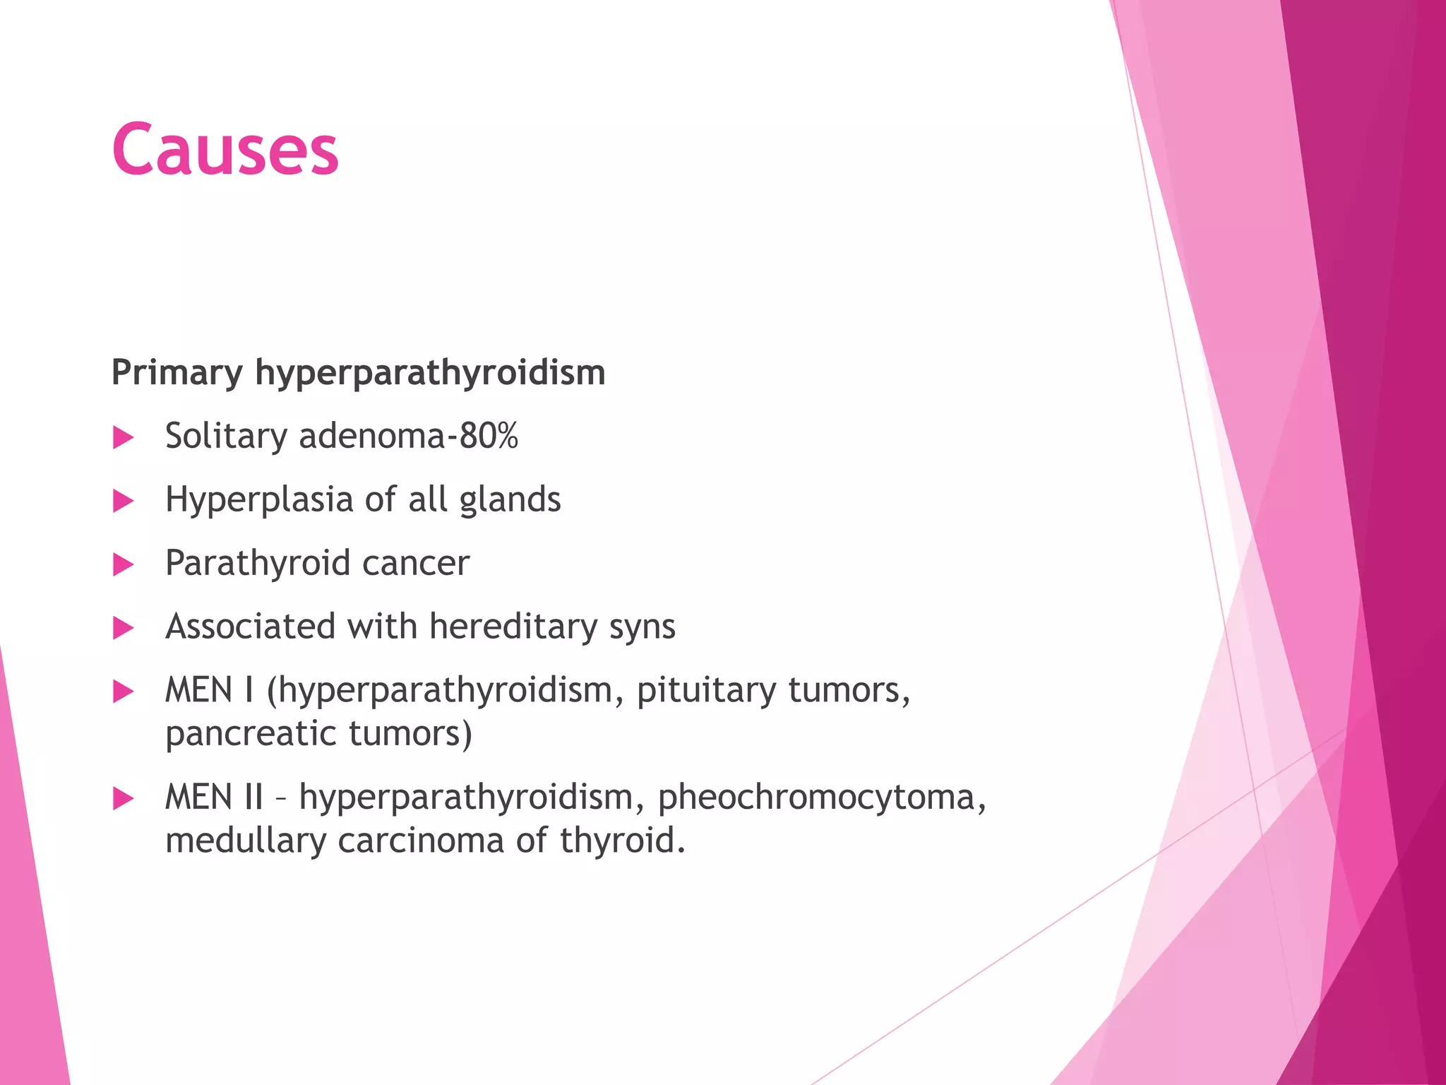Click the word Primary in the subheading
coord(177,372)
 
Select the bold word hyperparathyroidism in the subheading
coord(430,372)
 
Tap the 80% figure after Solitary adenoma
coord(489,435)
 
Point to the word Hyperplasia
coord(258,499)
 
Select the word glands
coord(510,499)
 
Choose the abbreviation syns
coord(642,627)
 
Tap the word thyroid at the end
coord(621,841)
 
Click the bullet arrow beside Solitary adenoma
coord(123,437)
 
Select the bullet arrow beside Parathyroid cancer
coord(123,564)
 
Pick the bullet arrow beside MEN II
coord(123,799)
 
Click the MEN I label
coord(209,690)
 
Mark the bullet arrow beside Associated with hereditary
coord(123,628)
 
